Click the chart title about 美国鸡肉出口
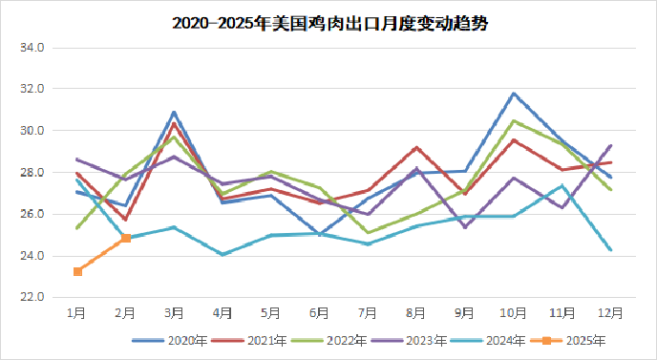tap(329, 24)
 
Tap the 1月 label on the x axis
tap(76, 311)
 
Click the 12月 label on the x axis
tap(610, 311)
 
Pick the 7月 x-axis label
tap(369, 311)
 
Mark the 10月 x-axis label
tap(514, 311)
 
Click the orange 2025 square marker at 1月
tap(77, 272)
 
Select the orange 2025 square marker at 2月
tap(126, 238)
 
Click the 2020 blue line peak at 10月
tap(514, 94)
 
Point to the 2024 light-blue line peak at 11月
tap(562, 185)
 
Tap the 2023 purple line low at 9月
tap(465, 227)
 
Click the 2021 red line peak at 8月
tap(416, 147)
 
